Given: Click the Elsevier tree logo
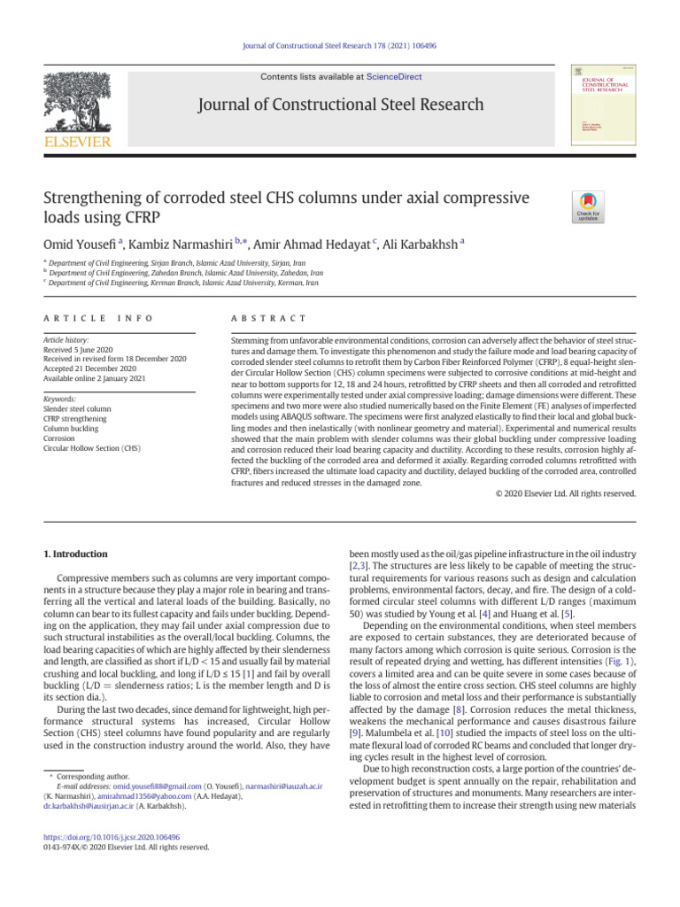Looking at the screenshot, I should click(78, 105).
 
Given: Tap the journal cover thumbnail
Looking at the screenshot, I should click(592, 106).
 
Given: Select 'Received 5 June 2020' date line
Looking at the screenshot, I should click(81, 349).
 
